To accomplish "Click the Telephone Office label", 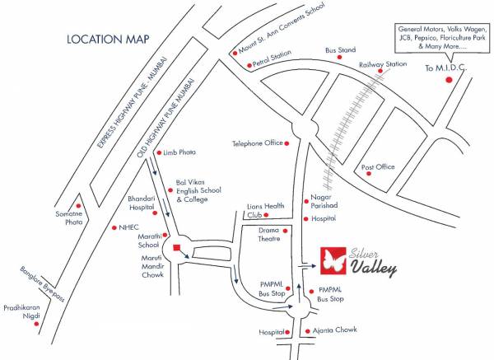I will (257, 143).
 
